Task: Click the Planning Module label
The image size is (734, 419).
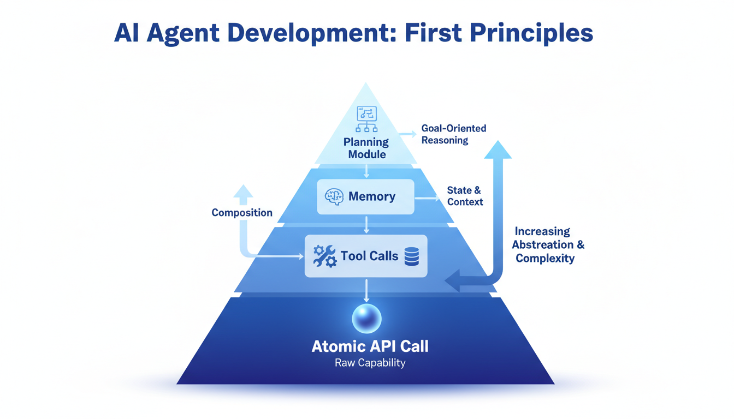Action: (x=366, y=148)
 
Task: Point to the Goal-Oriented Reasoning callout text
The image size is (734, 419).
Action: (x=453, y=134)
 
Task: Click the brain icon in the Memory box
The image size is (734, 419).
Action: (x=334, y=196)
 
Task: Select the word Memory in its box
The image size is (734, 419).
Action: (x=372, y=196)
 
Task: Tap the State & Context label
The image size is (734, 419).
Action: (x=464, y=196)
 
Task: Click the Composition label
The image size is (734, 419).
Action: (x=242, y=213)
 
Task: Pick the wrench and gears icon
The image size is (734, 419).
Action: (x=325, y=256)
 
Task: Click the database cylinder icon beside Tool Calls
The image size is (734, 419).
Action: (x=411, y=256)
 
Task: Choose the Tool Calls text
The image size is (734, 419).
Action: (x=369, y=256)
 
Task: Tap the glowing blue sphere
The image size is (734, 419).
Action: (x=366, y=319)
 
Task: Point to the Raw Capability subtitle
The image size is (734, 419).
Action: (x=370, y=363)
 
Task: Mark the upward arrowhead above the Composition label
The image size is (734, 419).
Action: (x=243, y=191)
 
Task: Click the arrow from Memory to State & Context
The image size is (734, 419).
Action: (x=427, y=198)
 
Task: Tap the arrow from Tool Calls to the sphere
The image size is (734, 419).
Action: (x=366, y=290)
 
